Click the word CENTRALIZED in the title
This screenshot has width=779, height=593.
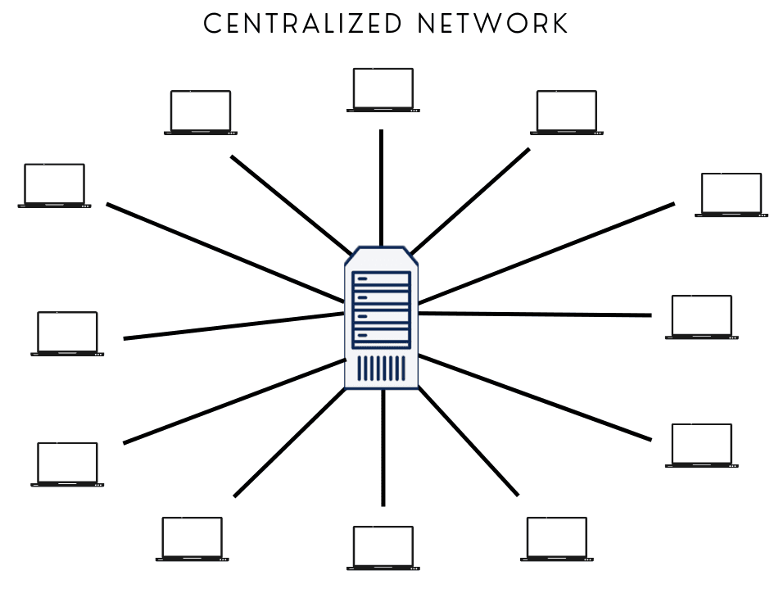pyautogui.click(x=302, y=24)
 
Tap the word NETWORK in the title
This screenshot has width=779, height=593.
pyautogui.click(x=491, y=24)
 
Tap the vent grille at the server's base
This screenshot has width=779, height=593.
pyautogui.click(x=381, y=368)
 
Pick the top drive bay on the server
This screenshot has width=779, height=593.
pyautogui.click(x=381, y=279)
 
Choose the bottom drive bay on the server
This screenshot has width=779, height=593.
pyautogui.click(x=381, y=335)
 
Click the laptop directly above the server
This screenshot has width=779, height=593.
pyautogui.click(x=383, y=89)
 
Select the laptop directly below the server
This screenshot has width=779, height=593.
pyautogui.click(x=383, y=547)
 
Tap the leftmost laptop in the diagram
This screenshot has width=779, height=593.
pyautogui.click(x=54, y=185)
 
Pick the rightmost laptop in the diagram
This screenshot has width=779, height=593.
pyautogui.click(x=731, y=195)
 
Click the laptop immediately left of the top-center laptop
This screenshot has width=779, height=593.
pyautogui.click(x=200, y=112)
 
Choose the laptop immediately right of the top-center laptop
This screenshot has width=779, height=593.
pyautogui.click(x=567, y=112)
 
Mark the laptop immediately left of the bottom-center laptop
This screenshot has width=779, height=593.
pyautogui.click(x=192, y=539)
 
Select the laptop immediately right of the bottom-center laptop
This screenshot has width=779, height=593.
pyautogui.click(x=557, y=539)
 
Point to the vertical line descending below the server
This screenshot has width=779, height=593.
pyautogui.click(x=383, y=446)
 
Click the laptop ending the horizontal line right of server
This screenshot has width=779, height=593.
pyautogui.click(x=701, y=317)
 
